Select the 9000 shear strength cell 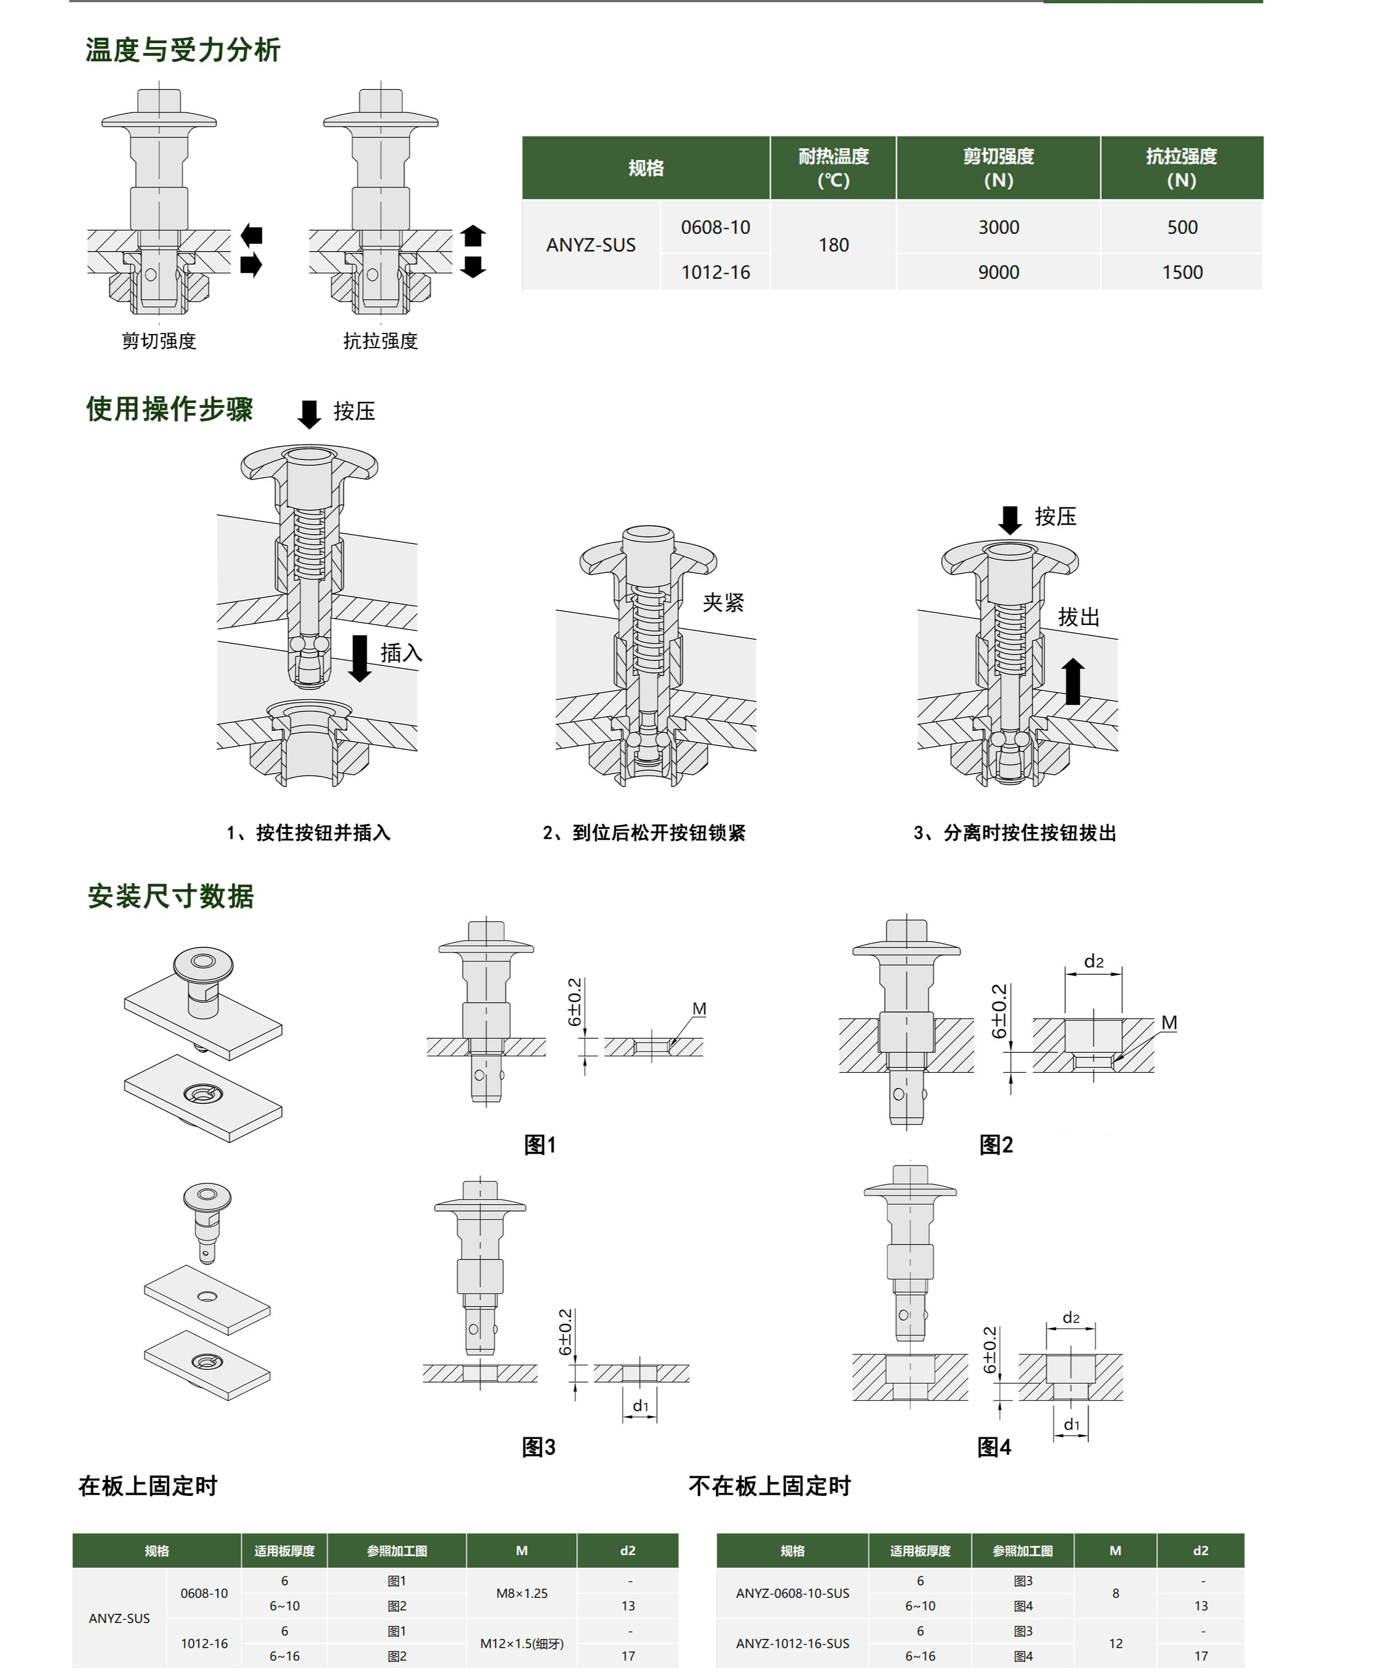click(x=998, y=272)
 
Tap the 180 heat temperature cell click(x=833, y=245)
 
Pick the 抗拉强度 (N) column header click(x=1181, y=168)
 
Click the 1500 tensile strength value click(x=1182, y=272)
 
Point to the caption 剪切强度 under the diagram click(x=159, y=341)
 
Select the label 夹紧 click(x=723, y=602)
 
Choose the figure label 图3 click(x=539, y=1448)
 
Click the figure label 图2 click(x=996, y=1144)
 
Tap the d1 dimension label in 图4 click(x=1071, y=1425)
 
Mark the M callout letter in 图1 click(x=699, y=1009)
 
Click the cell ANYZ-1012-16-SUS click(x=792, y=1643)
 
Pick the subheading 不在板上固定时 click(x=769, y=1487)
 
